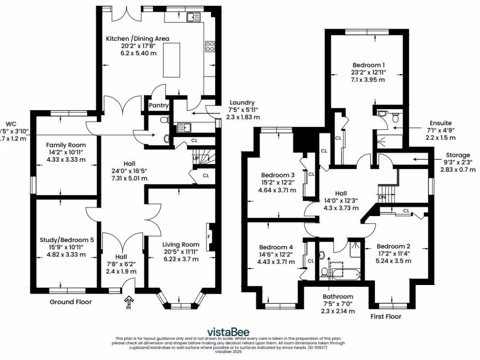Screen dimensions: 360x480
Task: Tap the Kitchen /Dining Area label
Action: [137, 38]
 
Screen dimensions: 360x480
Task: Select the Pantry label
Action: [158, 106]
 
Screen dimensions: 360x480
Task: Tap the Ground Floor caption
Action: [71, 302]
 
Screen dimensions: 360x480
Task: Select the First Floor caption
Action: [386, 316]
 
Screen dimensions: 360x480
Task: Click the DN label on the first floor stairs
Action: [382, 197]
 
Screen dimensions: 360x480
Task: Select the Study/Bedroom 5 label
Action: [67, 240]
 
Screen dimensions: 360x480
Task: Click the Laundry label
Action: [242, 103]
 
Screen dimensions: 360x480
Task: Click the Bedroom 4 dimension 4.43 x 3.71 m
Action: [277, 262]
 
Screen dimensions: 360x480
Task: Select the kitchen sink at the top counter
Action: [192, 18]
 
